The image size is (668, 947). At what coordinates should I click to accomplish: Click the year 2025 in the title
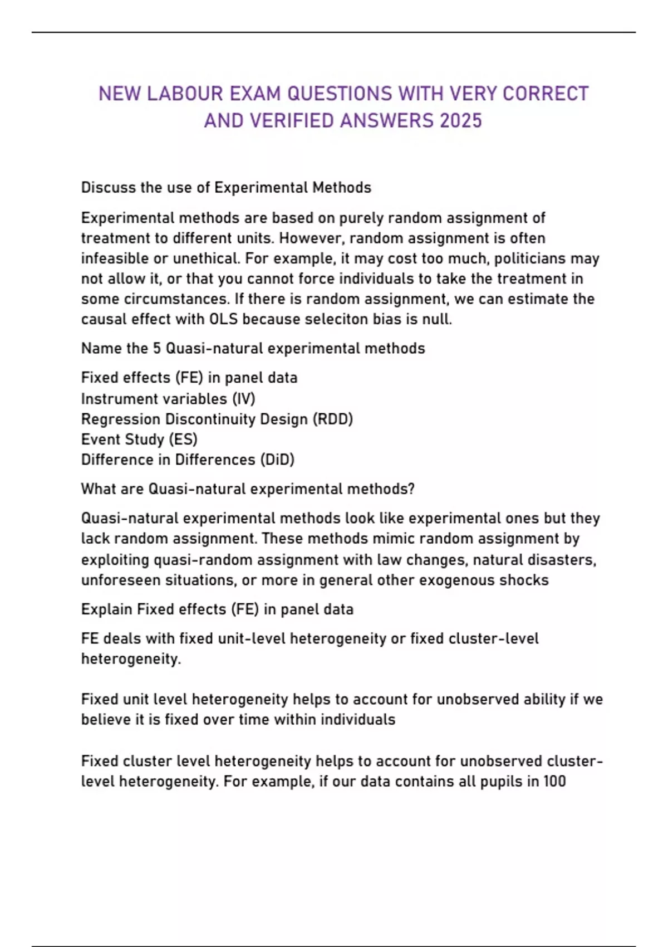point(460,121)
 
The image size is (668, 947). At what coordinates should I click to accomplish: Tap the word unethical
point(205,258)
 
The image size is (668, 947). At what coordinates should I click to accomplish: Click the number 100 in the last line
point(554,781)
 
